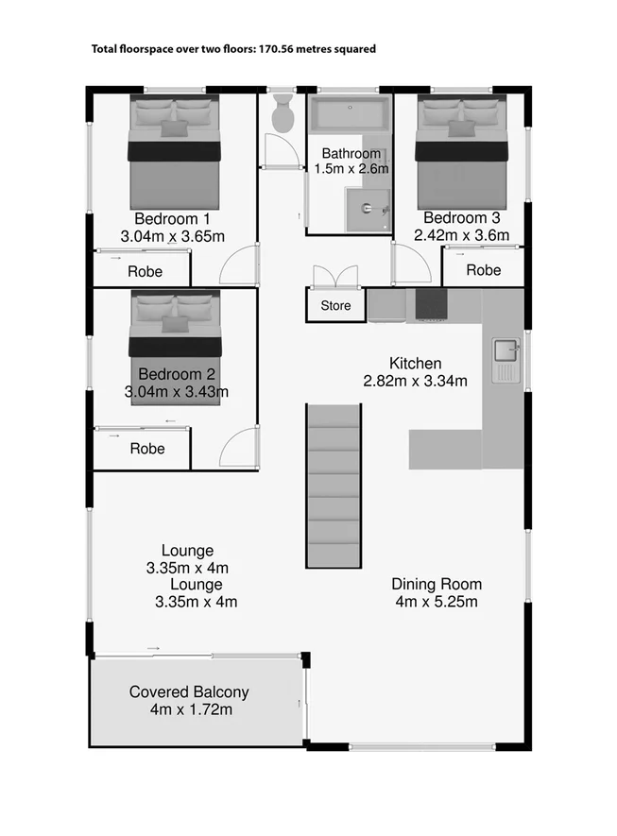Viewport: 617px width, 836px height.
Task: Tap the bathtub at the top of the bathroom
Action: [x=351, y=116]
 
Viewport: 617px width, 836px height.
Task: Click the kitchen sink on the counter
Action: [x=506, y=352]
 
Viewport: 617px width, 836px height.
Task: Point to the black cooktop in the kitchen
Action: [x=432, y=304]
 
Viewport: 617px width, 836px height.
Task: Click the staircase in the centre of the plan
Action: [x=333, y=485]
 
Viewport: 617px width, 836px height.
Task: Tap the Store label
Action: [x=335, y=305]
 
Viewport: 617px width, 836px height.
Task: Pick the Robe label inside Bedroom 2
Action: [x=146, y=449]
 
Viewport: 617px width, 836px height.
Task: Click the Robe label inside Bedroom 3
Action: [x=484, y=270]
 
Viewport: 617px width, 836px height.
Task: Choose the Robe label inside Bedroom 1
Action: [x=146, y=271]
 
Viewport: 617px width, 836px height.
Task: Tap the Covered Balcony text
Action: [x=189, y=691]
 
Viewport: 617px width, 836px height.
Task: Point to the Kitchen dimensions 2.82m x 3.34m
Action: [x=416, y=381]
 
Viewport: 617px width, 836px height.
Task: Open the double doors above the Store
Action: [x=335, y=276]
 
